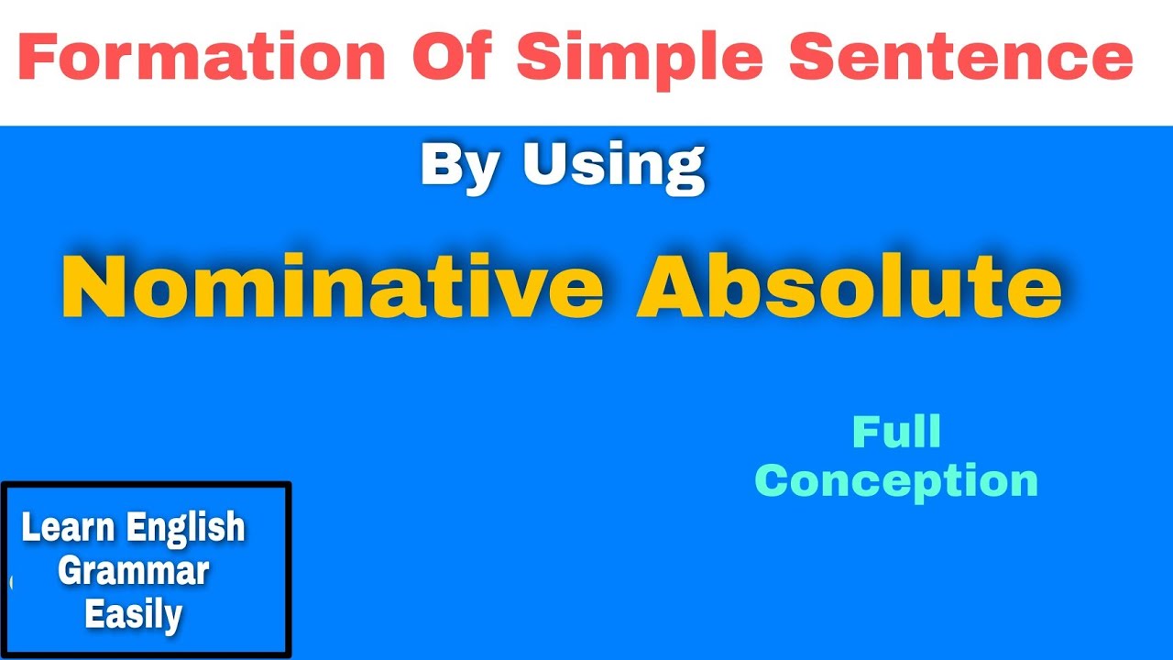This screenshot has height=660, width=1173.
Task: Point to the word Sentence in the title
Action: coord(960,57)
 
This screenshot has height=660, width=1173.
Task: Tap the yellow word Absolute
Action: coord(850,287)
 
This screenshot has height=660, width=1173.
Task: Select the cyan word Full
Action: coord(896,433)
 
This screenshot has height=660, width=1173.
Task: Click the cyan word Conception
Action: coord(896,481)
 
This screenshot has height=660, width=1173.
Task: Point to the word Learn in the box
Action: coord(69,527)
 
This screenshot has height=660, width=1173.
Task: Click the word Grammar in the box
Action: coord(134,571)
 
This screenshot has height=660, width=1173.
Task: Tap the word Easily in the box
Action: coord(134,613)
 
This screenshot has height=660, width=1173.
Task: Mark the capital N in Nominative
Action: coord(91,287)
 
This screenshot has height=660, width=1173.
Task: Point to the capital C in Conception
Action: coord(772,481)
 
